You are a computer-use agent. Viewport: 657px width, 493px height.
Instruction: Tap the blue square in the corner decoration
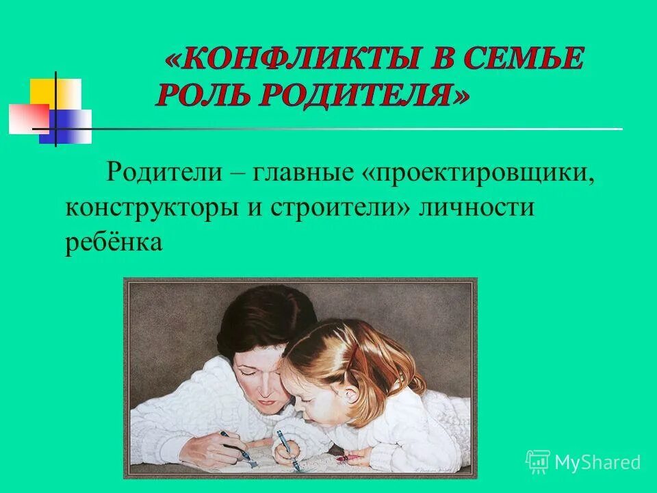[71, 127]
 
